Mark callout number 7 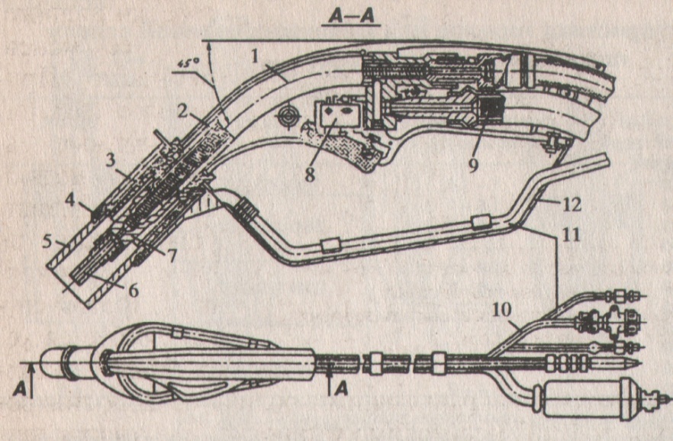tap(173, 256)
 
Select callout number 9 tap(474, 166)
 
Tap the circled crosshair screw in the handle tap(288, 115)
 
